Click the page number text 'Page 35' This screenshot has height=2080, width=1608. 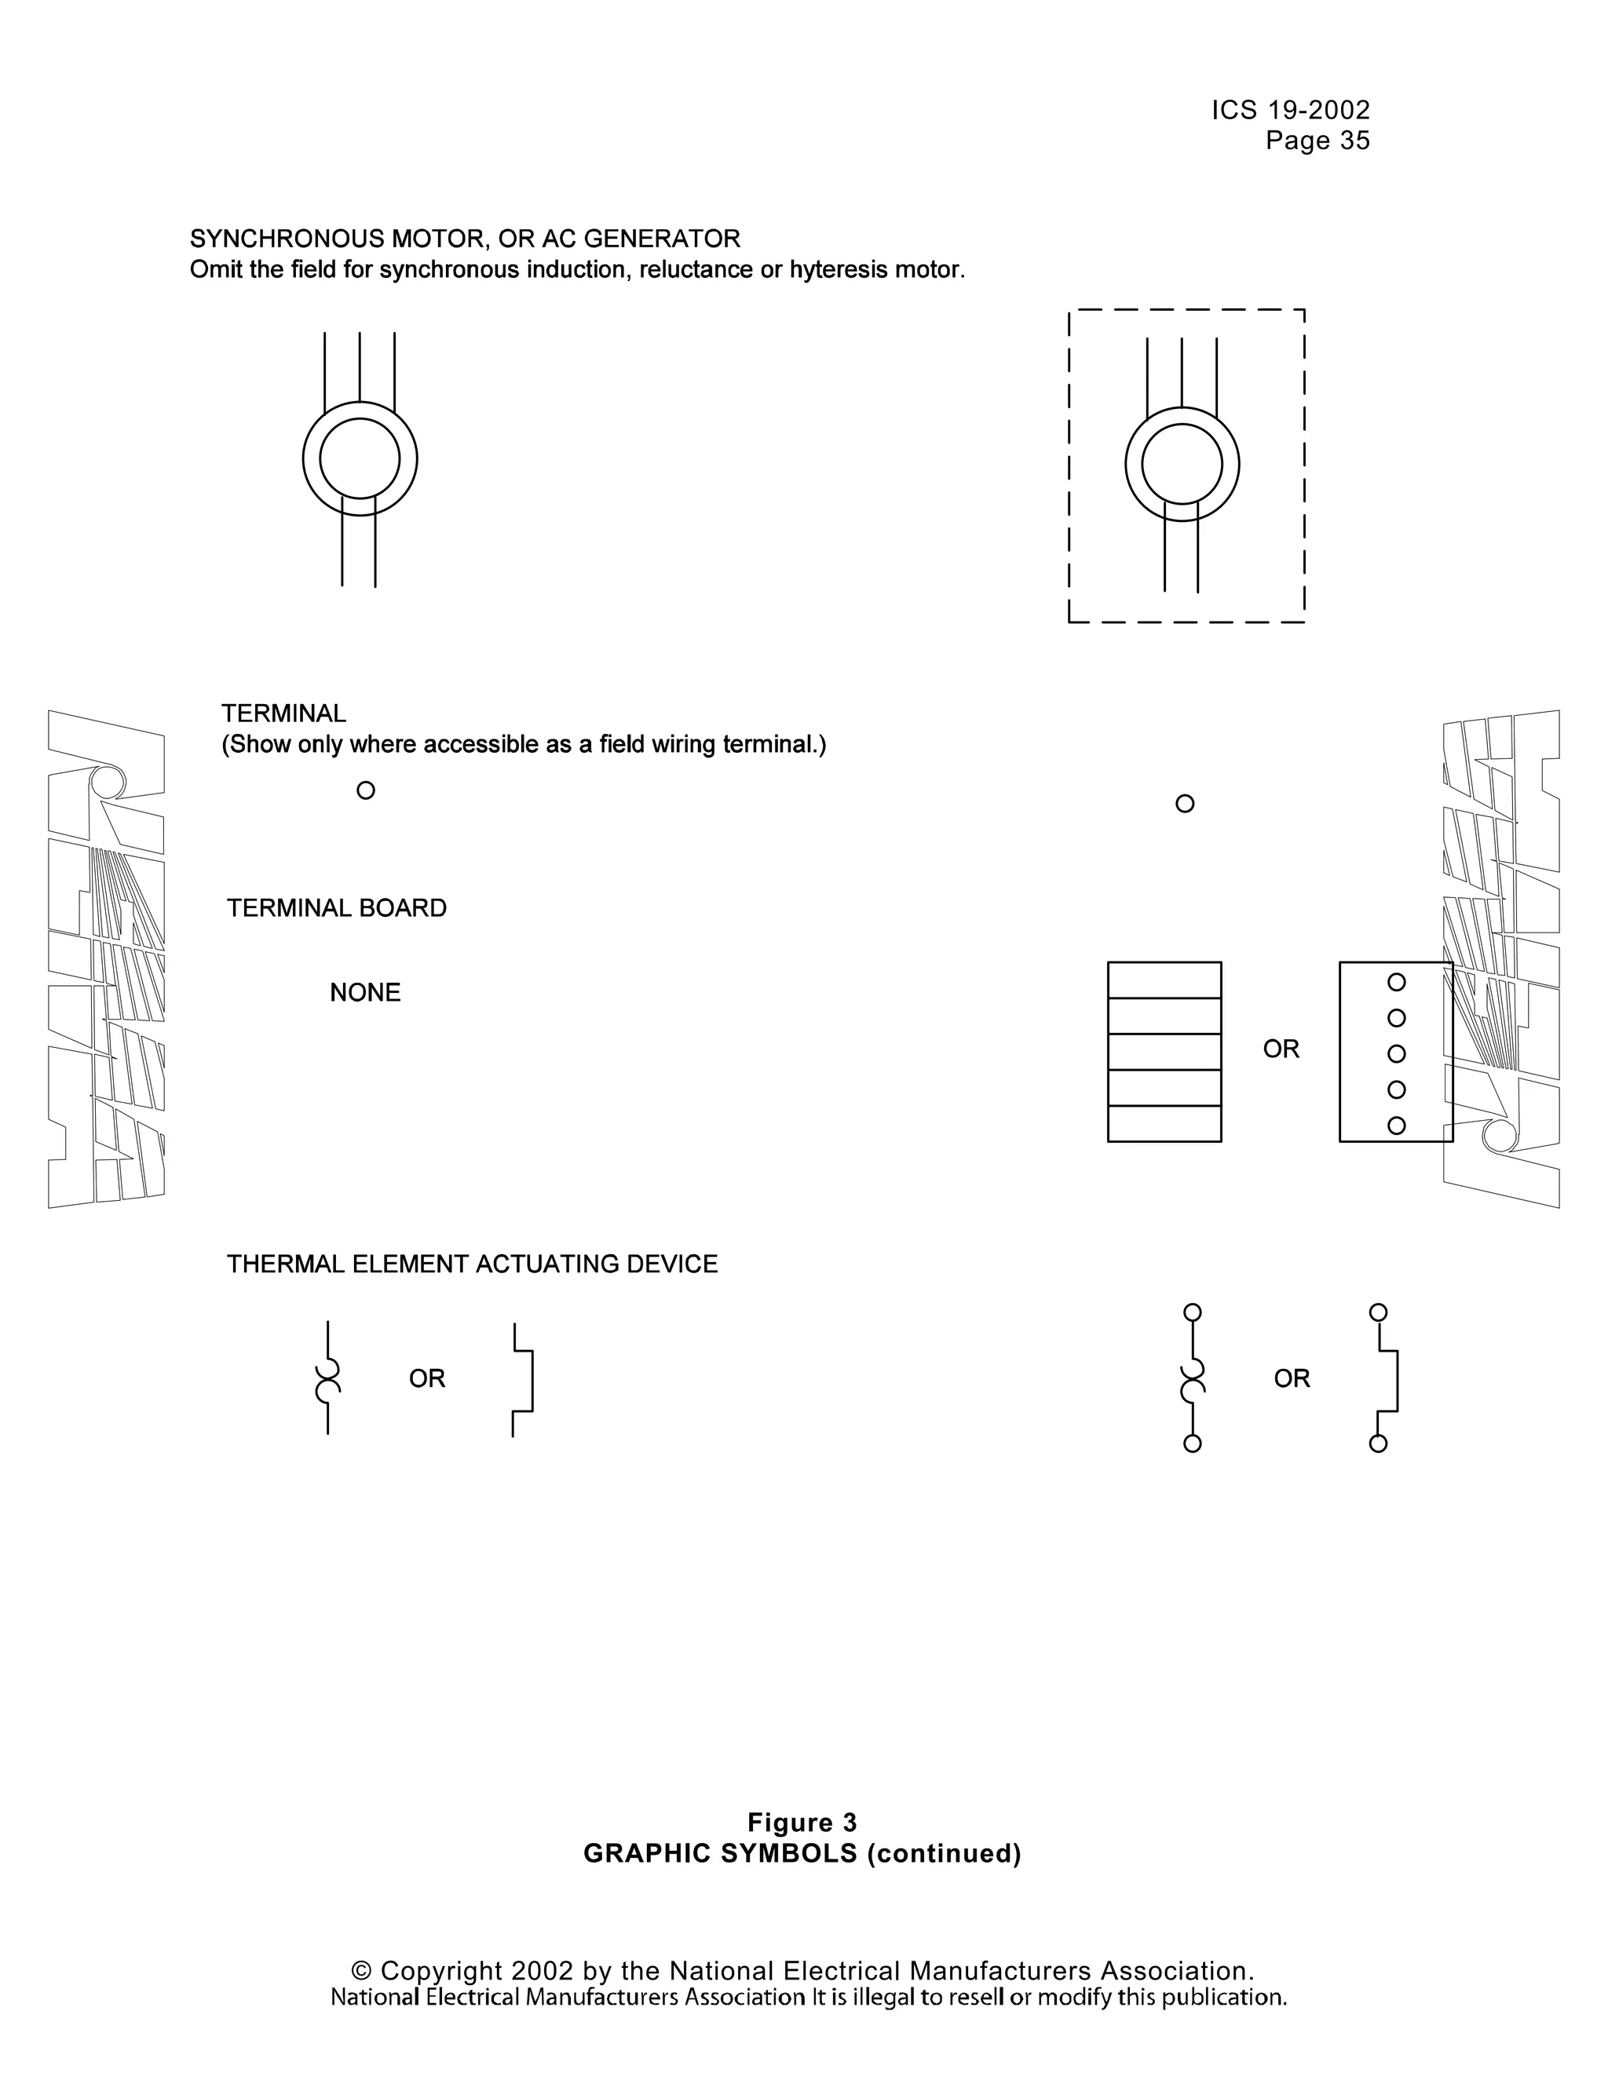[x=1317, y=141]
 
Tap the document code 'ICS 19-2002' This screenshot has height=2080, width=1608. [x=1291, y=111]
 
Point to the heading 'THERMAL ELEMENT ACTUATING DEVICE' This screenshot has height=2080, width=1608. [x=472, y=1264]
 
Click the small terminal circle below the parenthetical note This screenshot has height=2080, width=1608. [x=366, y=790]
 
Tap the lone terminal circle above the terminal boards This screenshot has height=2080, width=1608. [x=1185, y=804]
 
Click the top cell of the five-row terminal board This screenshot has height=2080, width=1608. [x=1164, y=980]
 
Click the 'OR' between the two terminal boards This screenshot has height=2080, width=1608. [x=1281, y=1049]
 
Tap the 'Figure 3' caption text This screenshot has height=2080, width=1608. [x=802, y=1823]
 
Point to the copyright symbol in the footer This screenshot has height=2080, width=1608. [x=361, y=1970]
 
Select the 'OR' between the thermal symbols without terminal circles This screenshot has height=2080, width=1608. [x=427, y=1378]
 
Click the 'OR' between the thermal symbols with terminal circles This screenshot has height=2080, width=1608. [x=1292, y=1378]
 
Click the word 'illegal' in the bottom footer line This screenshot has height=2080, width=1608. [x=881, y=1997]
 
